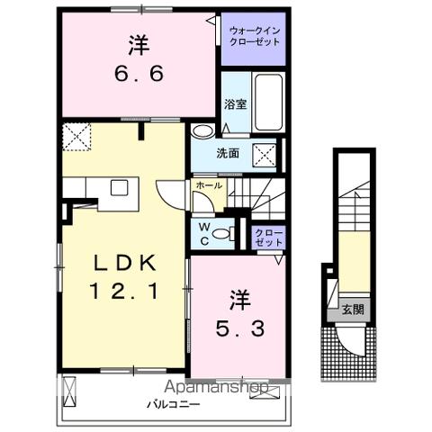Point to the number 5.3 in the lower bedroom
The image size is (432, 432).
pyautogui.click(x=238, y=328)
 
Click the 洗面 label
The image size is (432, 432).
pyautogui.click(x=228, y=153)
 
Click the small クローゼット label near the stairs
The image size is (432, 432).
pyautogui.click(x=268, y=238)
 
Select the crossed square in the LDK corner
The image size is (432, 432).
pyautogui.click(x=76, y=137)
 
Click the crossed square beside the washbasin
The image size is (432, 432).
pyautogui.click(x=265, y=154)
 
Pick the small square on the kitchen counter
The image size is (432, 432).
pyautogui.click(x=119, y=187)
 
